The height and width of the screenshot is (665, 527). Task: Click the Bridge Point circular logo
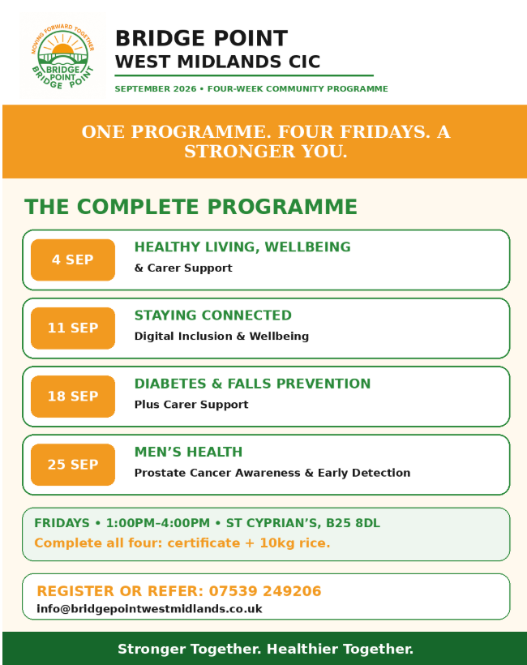(x=62, y=56)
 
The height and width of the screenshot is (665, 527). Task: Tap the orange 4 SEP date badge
(x=73, y=260)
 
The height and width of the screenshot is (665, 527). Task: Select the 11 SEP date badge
(x=73, y=328)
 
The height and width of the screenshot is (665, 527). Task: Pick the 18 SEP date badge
(x=73, y=396)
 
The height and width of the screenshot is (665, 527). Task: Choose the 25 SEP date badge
(x=73, y=465)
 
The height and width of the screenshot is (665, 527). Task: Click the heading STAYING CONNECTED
(x=213, y=315)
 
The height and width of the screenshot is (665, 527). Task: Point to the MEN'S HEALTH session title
(x=188, y=452)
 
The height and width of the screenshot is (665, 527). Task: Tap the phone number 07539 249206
(x=265, y=590)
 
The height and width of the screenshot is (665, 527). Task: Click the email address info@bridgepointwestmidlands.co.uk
(x=149, y=608)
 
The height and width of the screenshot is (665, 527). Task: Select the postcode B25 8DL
(x=353, y=523)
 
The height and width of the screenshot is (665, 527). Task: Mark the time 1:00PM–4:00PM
(x=158, y=523)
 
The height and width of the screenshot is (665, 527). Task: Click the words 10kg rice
(x=294, y=543)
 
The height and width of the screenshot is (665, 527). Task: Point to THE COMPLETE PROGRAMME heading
(x=191, y=207)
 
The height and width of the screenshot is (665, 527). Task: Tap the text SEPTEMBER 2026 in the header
(x=156, y=88)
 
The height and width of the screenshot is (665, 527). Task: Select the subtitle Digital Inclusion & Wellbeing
(x=221, y=337)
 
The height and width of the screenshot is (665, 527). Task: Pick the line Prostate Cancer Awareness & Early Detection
(x=272, y=473)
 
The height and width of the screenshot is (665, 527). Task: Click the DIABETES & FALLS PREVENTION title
(x=252, y=384)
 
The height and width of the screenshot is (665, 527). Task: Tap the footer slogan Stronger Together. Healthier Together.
(x=265, y=649)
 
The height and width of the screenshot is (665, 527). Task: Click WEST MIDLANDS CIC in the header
(x=217, y=62)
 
